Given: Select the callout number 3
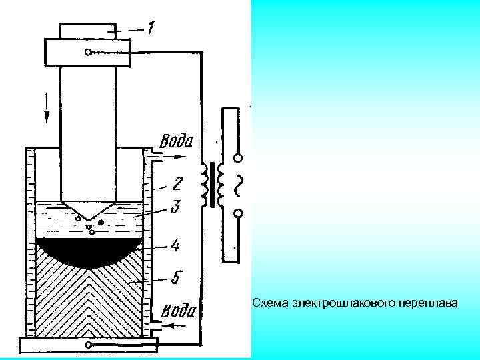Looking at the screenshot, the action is [x=175, y=207].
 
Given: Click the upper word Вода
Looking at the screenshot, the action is [x=176, y=142].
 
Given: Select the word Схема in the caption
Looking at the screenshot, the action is [x=270, y=303].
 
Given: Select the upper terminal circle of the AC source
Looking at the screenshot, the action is [x=238, y=159].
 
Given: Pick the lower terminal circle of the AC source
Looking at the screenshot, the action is [x=238, y=213].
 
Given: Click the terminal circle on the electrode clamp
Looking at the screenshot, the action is [x=89, y=52].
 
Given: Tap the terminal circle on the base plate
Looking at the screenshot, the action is [x=89, y=345].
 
